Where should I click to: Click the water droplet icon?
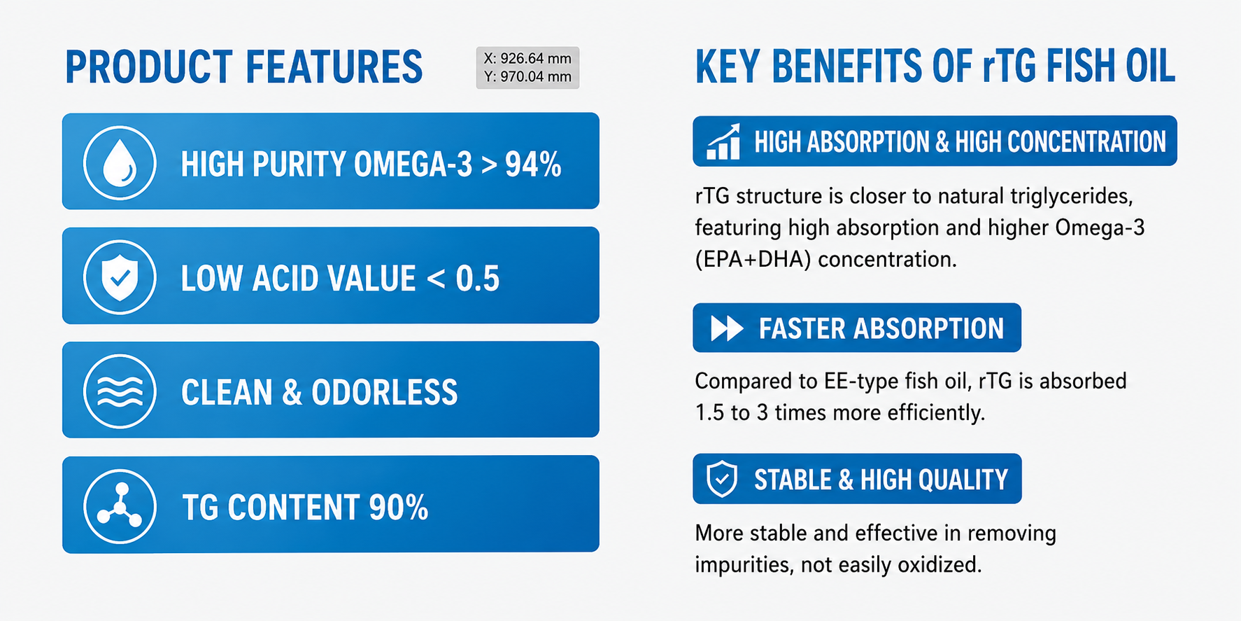pyautogui.click(x=120, y=163)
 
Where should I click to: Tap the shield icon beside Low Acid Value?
pyautogui.click(x=120, y=277)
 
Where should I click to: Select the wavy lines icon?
pyautogui.click(x=120, y=391)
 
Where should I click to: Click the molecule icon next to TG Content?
pyautogui.click(x=120, y=506)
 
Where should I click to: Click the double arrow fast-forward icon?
pyautogui.click(x=727, y=328)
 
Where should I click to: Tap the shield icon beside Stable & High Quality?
pyautogui.click(x=722, y=480)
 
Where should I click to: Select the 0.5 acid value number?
pyautogui.click(x=478, y=279)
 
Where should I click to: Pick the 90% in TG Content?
pyautogui.click(x=399, y=508)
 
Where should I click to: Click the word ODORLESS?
pyautogui.click(x=385, y=393)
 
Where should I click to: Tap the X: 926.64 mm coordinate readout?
pyautogui.click(x=527, y=59)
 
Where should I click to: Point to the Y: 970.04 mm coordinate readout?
pyautogui.click(x=527, y=76)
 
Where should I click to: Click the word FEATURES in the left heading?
pyautogui.click(x=334, y=68)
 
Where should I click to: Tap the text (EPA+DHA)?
pyautogui.click(x=753, y=260)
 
